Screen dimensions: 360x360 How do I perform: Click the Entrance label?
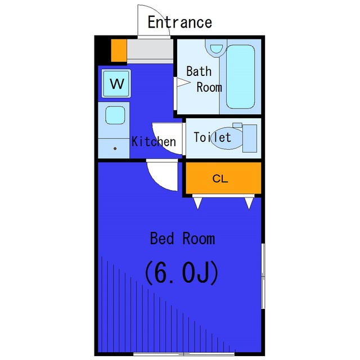(x=180, y=22)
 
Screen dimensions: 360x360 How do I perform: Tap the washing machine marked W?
(x=116, y=83)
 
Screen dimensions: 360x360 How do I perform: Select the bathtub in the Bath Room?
(x=240, y=76)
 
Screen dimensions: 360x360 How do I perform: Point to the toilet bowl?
(x=227, y=138)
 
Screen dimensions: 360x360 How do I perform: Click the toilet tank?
(x=250, y=138)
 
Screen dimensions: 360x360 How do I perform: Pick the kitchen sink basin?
(x=115, y=115)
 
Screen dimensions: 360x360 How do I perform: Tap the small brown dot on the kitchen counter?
(x=115, y=148)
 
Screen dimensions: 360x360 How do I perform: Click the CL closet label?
(x=220, y=178)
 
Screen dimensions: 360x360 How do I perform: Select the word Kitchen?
(x=154, y=141)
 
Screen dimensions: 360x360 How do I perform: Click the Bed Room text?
(x=182, y=238)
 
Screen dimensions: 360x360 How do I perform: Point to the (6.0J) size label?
(x=181, y=273)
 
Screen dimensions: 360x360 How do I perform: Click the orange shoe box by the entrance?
(x=119, y=51)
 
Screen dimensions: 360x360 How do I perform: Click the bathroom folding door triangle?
(x=183, y=82)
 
